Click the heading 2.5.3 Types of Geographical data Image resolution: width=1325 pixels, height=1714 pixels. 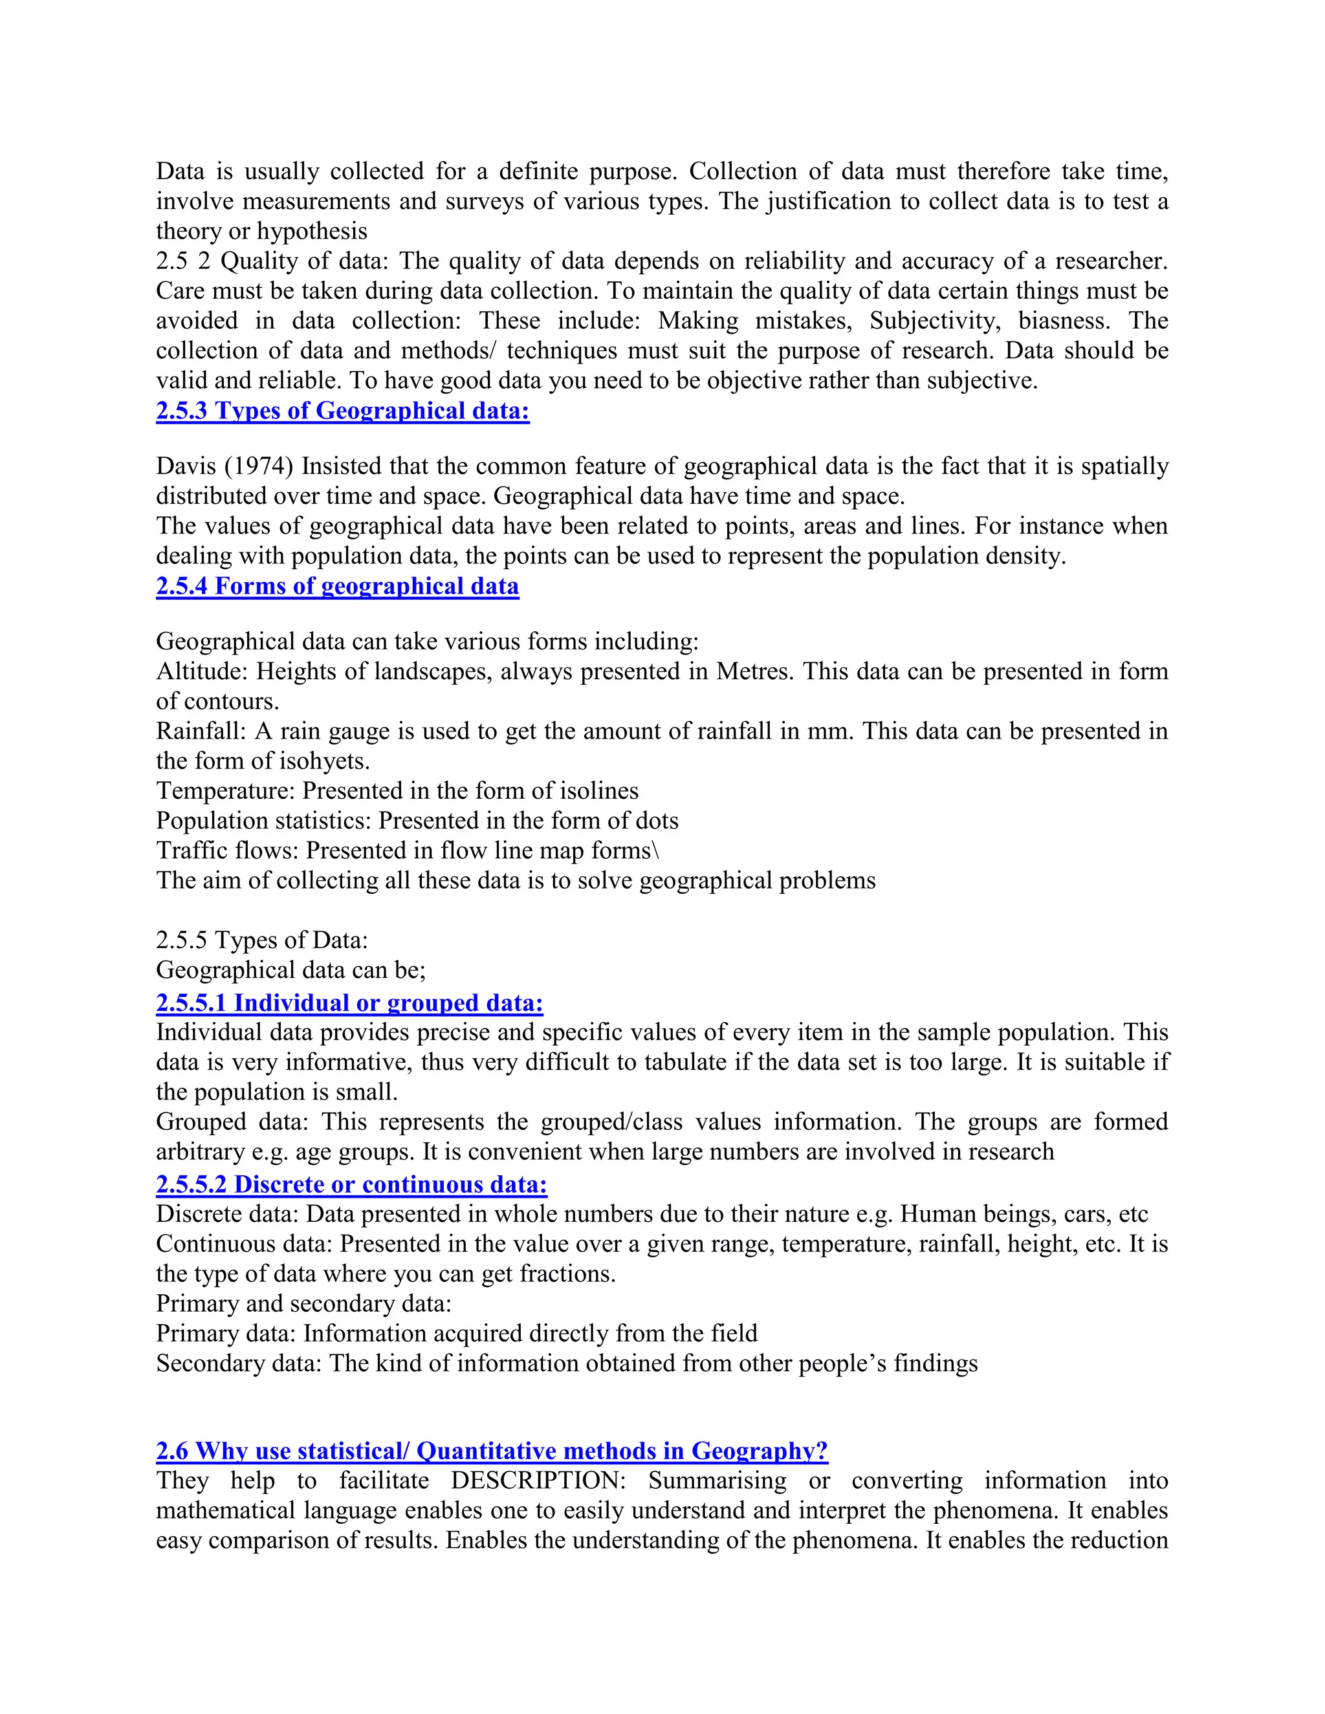click(x=342, y=411)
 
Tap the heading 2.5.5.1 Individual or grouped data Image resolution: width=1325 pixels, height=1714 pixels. click(x=349, y=1003)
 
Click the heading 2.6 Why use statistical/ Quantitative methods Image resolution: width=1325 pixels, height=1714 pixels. click(x=492, y=1451)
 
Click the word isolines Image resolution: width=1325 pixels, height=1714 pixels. click(x=599, y=791)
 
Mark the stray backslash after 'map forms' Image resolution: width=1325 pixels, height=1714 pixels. click(x=656, y=851)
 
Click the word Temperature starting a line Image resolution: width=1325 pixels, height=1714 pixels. click(x=225, y=791)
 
